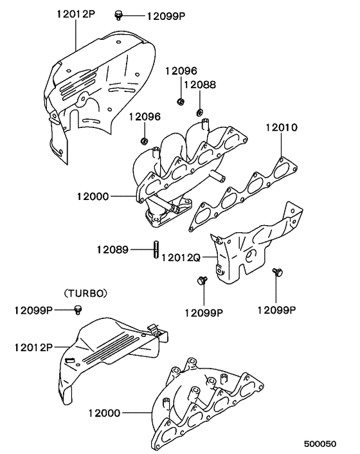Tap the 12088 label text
point(199,84)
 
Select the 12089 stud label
point(113,248)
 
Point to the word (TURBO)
point(85,293)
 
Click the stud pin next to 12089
point(156,249)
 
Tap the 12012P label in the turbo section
point(30,347)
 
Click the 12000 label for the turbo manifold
point(104,412)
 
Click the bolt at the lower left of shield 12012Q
point(201,280)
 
